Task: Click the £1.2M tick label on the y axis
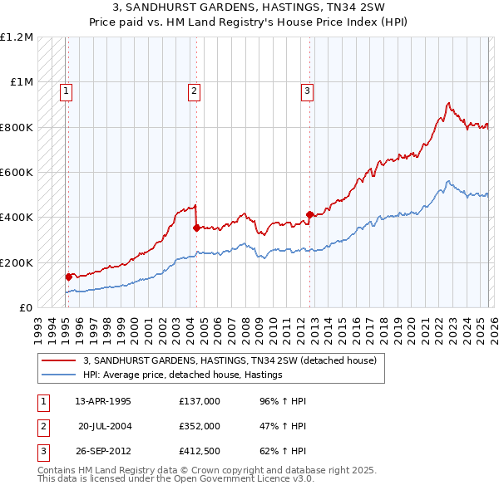coord(17,37)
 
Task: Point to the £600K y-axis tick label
coord(17,173)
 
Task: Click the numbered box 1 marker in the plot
coord(66,91)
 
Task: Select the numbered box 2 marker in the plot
coord(194,91)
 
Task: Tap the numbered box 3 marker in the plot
coord(307,91)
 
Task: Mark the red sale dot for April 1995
coord(69,277)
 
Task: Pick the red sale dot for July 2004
coord(196,228)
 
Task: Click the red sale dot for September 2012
coord(309,214)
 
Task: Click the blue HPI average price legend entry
coord(183,375)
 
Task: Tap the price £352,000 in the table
coord(200,426)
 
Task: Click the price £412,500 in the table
coord(200,451)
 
